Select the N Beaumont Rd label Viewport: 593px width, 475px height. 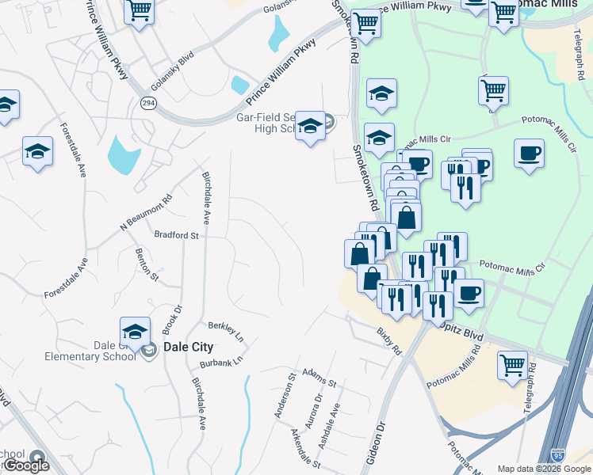145,213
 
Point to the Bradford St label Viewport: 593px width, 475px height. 175,235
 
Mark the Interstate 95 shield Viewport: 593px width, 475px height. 559,456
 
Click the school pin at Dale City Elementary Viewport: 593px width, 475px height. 135,332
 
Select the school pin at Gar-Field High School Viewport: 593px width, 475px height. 310,127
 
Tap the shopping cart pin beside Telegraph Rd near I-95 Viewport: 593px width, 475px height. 513,366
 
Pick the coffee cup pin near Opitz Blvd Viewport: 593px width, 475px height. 468,294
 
